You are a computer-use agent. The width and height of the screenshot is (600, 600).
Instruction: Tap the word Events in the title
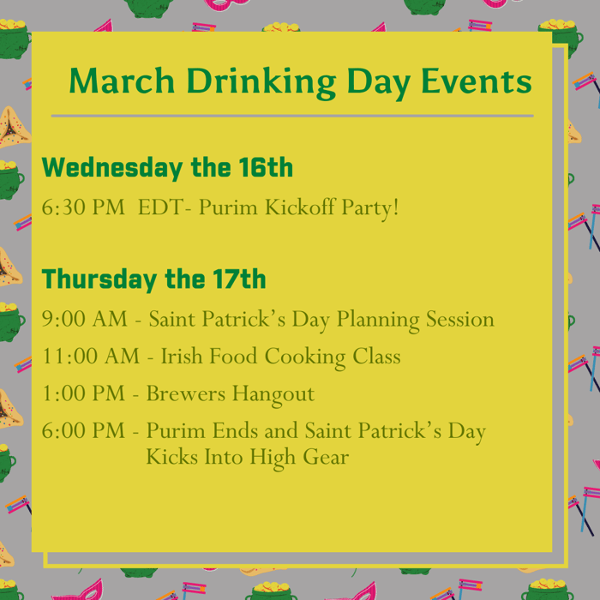click(476, 81)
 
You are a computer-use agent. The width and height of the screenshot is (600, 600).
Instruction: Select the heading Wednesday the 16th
click(167, 168)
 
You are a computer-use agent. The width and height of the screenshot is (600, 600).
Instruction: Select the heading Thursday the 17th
click(154, 279)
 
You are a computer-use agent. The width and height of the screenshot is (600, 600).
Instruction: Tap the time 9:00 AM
click(84, 320)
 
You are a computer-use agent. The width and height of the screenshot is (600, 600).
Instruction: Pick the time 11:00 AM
click(91, 357)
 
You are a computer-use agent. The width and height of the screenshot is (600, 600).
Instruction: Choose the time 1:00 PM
click(83, 394)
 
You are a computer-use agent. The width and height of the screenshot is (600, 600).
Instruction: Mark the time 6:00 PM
click(83, 432)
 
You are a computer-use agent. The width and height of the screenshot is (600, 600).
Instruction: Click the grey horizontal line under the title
click(291, 116)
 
